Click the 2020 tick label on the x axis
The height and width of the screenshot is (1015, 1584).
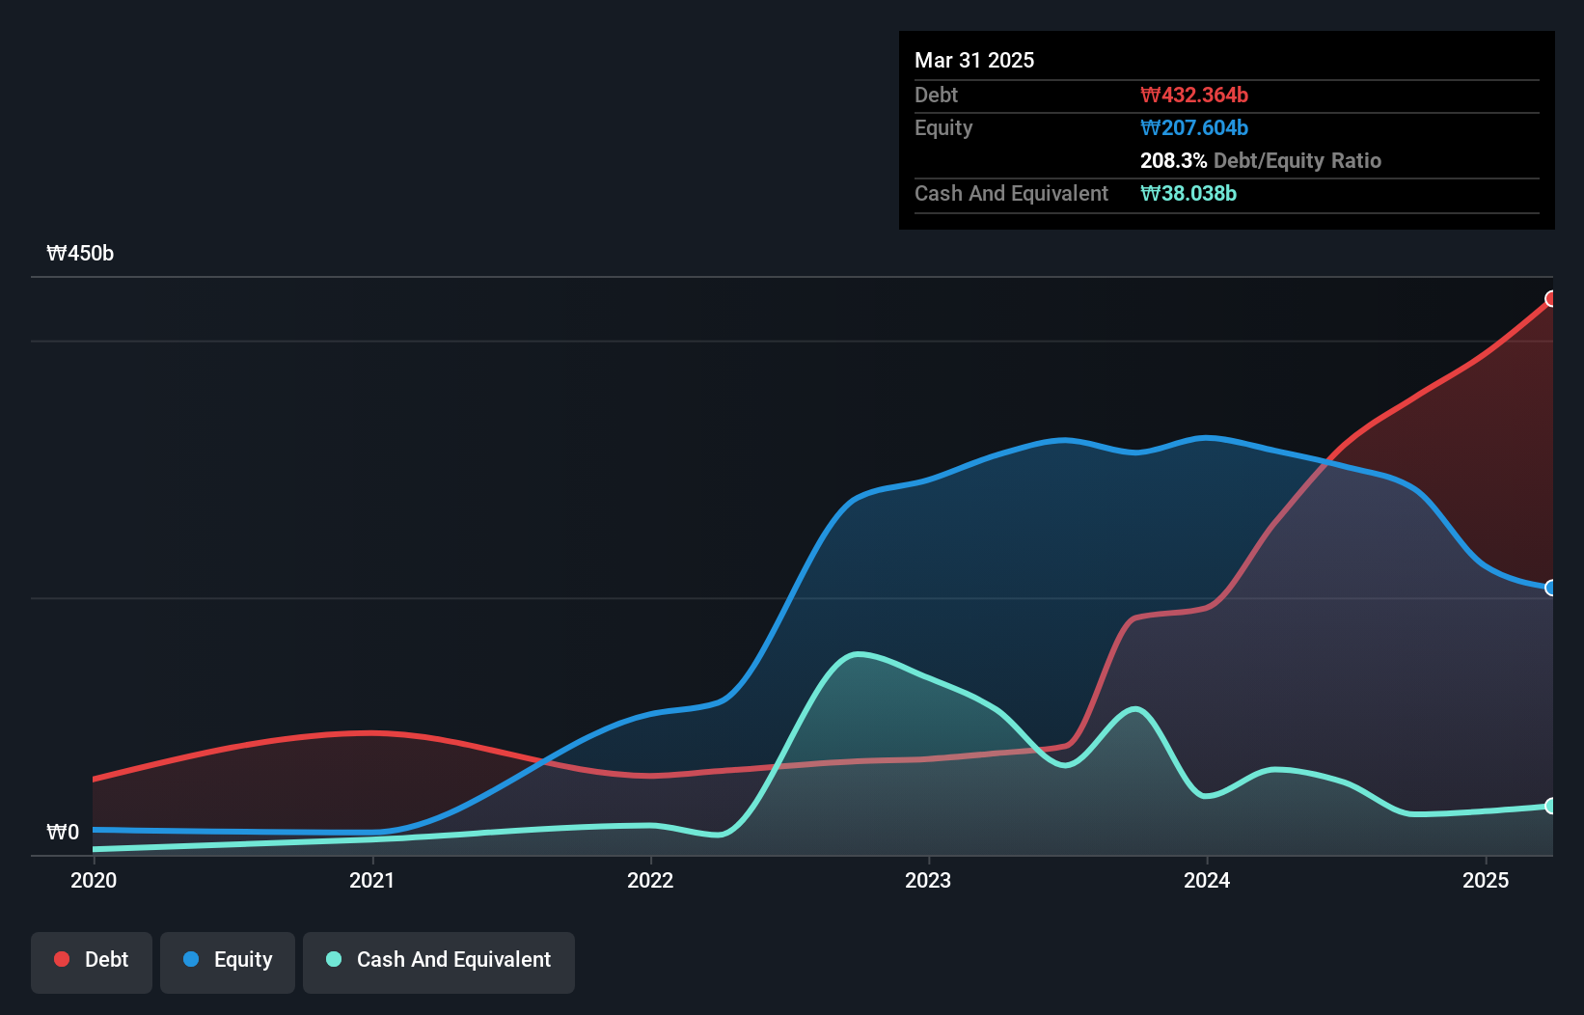coord(94,880)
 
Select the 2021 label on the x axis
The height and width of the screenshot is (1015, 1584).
coord(372,880)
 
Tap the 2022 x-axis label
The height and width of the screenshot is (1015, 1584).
coord(650,880)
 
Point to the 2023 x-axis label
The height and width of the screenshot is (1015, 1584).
coord(928,880)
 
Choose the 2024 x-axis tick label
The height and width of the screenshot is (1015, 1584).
coord(1207,880)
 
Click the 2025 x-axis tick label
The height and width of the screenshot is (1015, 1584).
coord(1486,880)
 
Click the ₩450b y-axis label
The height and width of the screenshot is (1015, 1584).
coord(80,254)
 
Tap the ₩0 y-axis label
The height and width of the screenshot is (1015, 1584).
coord(63,832)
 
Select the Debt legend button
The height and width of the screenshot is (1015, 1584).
coord(92,960)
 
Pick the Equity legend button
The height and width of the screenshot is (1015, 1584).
coord(228,960)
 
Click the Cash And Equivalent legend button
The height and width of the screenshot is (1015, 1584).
coord(439,960)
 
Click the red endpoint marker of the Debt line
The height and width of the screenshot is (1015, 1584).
coord(1551,299)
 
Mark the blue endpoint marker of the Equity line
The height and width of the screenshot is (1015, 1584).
coord(1551,588)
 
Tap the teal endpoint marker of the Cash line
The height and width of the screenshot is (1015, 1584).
coord(1551,806)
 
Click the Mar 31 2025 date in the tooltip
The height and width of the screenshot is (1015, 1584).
coord(974,60)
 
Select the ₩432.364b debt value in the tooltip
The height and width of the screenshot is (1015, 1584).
coord(1194,95)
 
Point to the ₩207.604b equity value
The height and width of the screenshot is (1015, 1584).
coord(1194,127)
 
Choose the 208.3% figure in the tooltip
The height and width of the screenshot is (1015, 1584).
coord(1173,160)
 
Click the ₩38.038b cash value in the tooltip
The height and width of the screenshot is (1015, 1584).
coord(1188,193)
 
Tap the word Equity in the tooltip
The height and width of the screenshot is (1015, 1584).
coord(943,127)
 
